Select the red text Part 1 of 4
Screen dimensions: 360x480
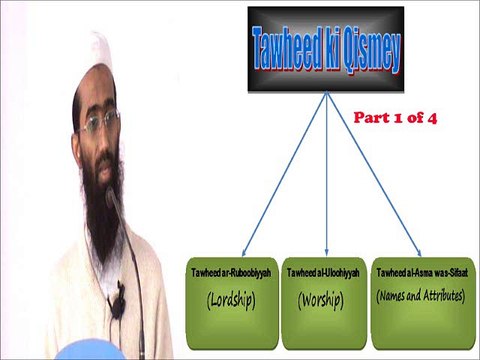(x=397, y=117)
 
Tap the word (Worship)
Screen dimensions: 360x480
(x=321, y=297)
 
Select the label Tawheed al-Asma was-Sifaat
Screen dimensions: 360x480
(x=419, y=271)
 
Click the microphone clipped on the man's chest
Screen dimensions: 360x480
(x=118, y=301)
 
